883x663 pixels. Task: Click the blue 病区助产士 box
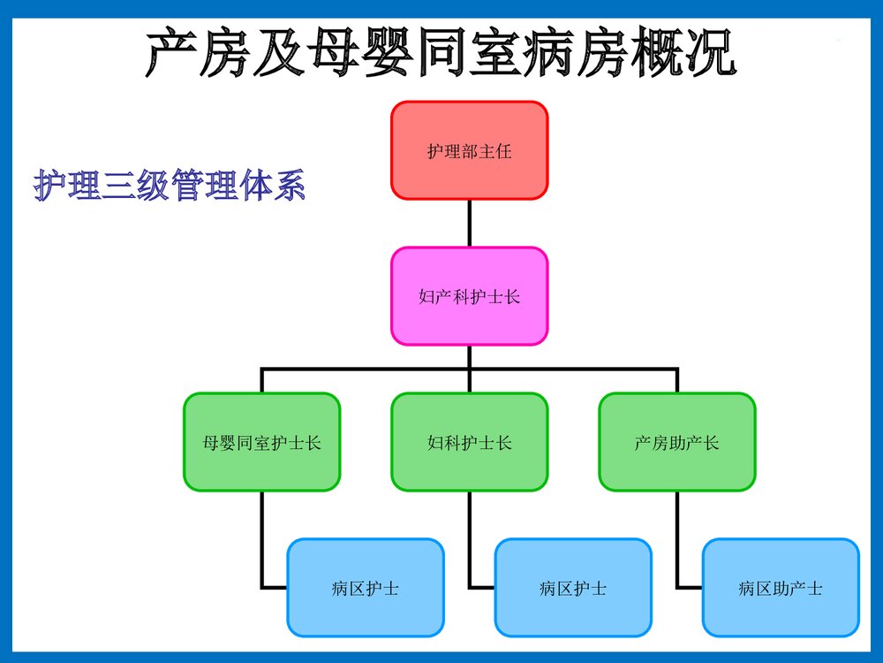[x=781, y=587]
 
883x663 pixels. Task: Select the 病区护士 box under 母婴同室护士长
[x=366, y=587]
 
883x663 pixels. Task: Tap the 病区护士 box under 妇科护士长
[x=573, y=587]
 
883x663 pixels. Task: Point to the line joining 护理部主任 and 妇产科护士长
[x=469, y=223]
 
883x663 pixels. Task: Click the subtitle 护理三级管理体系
[x=170, y=187]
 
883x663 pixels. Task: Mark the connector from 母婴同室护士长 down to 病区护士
[x=262, y=539]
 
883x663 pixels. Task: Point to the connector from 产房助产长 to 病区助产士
[x=677, y=539]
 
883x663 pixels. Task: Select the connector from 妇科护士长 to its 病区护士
[x=470, y=539]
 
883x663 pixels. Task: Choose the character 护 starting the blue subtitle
[x=51, y=187]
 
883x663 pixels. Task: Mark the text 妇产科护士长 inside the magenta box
[x=469, y=297]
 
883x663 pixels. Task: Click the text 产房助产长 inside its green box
[x=676, y=443]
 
